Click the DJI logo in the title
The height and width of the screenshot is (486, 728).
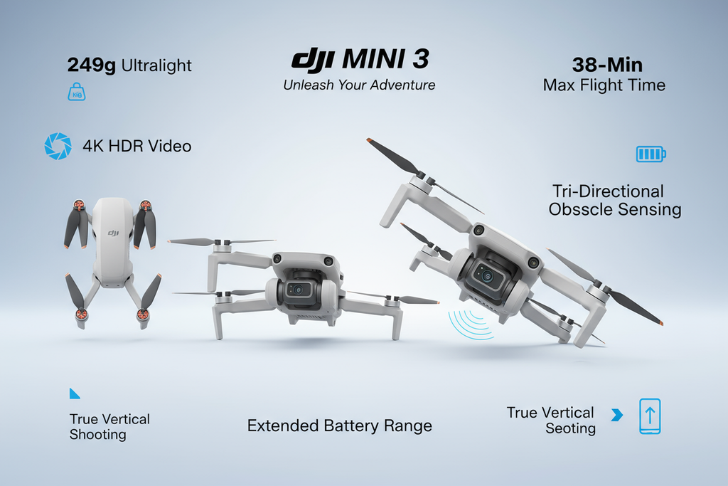[313, 60]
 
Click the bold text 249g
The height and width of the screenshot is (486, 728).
[92, 65]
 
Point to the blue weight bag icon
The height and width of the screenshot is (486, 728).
[77, 92]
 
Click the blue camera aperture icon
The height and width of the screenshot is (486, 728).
[58, 146]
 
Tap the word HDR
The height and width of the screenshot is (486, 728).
[125, 147]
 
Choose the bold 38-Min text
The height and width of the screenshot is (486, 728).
[607, 65]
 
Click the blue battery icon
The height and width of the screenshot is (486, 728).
[651, 154]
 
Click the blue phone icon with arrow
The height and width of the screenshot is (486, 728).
[650, 416]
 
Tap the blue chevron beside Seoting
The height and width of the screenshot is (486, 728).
[617, 414]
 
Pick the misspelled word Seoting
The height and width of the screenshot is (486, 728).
[571, 429]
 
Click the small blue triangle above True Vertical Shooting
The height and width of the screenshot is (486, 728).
[74, 394]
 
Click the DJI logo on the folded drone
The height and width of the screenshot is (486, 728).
[113, 233]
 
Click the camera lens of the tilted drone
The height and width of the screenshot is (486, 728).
[486, 277]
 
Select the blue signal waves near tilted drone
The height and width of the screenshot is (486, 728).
[469, 324]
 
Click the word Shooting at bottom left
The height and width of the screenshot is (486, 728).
[98, 435]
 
